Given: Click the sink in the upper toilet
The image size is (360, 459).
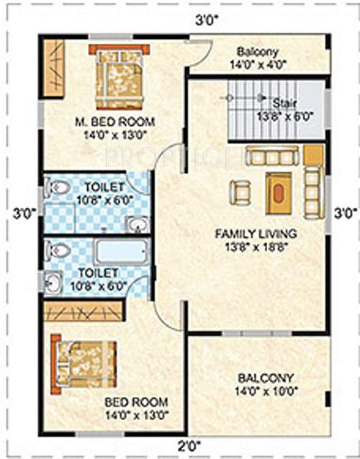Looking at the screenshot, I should tap(136, 224).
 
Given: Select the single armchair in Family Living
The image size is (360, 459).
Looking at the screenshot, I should tap(240, 191).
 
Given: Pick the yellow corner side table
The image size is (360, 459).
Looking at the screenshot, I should tap(313, 155).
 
